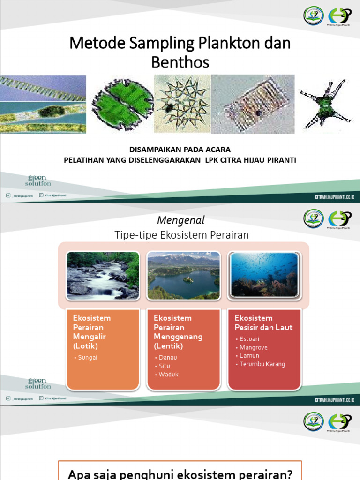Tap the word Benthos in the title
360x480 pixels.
coord(180,62)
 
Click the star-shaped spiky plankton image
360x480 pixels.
coord(182,104)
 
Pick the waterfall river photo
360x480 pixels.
coord(103,276)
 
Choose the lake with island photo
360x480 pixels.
coord(183,276)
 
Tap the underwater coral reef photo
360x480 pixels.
coord(264,275)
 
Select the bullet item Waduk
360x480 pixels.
coord(168,375)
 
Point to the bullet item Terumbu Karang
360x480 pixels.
coord(262,364)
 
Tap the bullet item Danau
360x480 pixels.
coord(168,358)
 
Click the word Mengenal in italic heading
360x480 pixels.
coord(180,220)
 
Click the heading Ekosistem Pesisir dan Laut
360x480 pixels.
coord(263,322)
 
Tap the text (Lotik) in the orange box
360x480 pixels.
coord(86,346)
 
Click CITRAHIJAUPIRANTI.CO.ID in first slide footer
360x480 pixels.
coord(335,197)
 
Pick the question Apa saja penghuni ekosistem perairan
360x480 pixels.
coord(180,474)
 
